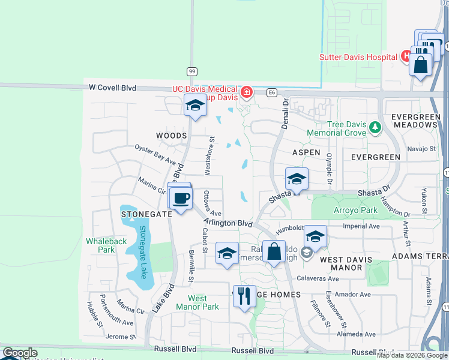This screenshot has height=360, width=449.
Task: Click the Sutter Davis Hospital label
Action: (359, 57)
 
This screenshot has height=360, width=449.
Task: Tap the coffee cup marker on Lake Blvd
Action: (180, 198)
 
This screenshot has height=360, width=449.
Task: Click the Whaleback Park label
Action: (100, 245)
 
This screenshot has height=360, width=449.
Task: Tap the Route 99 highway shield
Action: (192, 71)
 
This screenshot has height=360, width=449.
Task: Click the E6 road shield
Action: (272, 92)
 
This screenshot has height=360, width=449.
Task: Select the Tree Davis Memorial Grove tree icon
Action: (376, 127)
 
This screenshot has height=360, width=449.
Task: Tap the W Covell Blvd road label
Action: (112, 88)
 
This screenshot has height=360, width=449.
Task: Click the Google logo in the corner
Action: (20, 353)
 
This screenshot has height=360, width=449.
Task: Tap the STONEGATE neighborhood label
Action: (142, 214)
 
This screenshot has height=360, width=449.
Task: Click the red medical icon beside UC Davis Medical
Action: (247, 92)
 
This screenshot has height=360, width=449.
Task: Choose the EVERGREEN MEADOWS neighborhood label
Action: (414, 120)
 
